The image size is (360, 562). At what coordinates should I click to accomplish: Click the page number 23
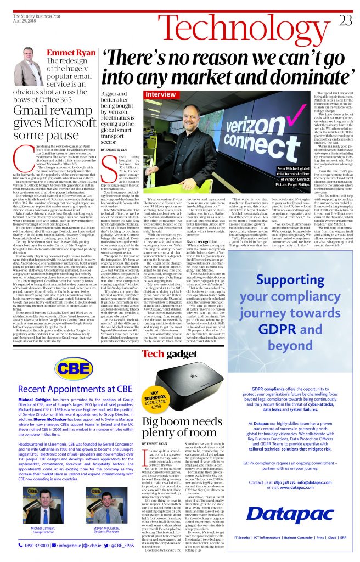click(346, 20)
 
